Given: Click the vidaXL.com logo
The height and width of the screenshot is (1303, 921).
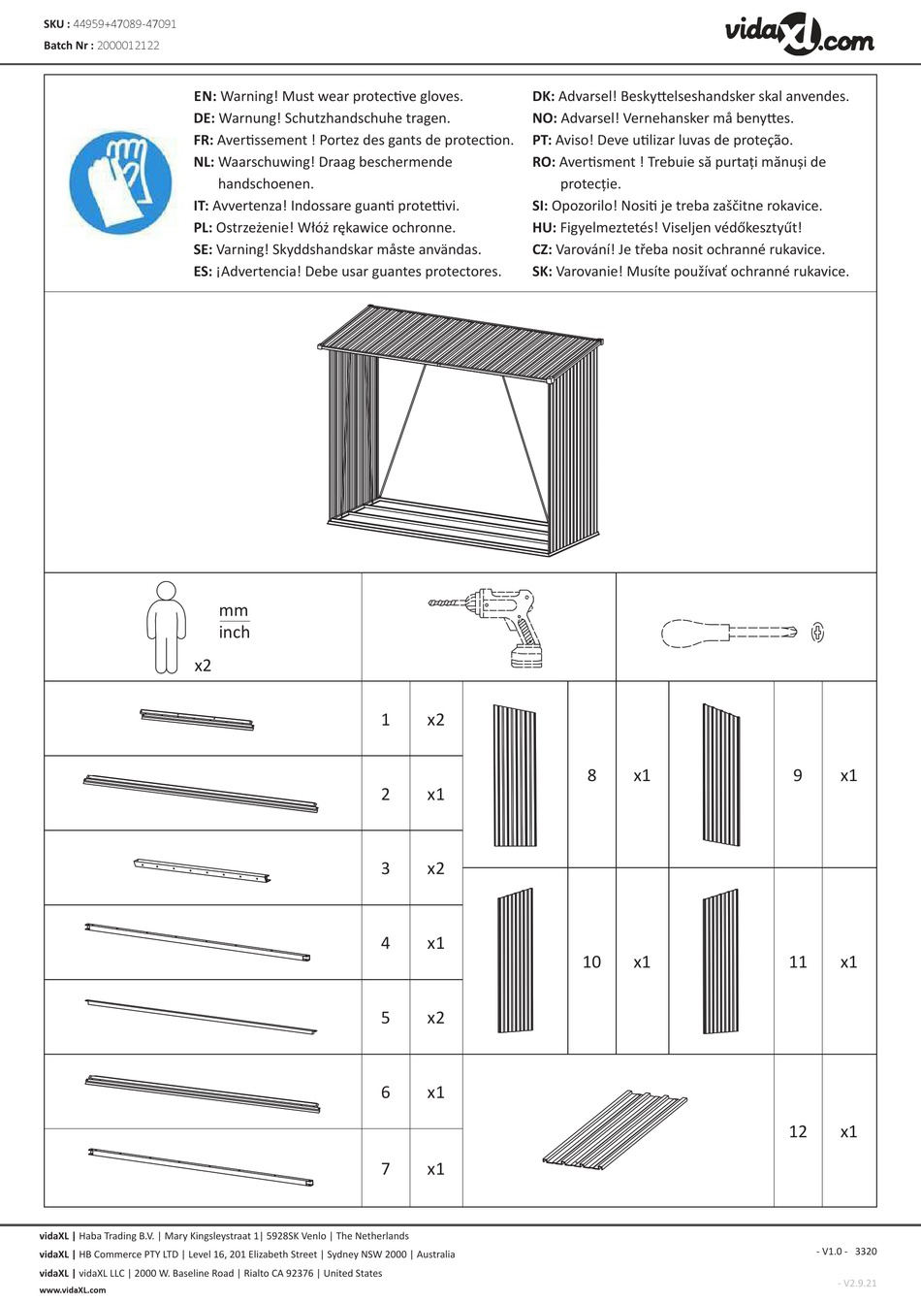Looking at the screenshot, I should [799, 35].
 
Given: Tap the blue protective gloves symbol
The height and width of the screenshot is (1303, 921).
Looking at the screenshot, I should [120, 182].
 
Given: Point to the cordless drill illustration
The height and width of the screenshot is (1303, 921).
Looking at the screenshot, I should [491, 625].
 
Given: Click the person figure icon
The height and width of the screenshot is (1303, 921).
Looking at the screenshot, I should [166, 627].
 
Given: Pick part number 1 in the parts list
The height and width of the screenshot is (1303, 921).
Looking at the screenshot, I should [385, 719].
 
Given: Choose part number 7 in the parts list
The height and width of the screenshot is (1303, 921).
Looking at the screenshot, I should [385, 1169].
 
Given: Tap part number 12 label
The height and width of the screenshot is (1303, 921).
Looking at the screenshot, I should [798, 1131].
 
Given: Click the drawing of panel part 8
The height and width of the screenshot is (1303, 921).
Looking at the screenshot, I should [515, 776].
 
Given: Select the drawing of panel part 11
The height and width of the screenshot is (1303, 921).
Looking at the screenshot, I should [720, 962].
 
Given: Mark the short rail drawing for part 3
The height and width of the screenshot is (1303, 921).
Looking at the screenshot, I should [202, 869].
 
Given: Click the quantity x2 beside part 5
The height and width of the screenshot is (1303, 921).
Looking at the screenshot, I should [435, 1018].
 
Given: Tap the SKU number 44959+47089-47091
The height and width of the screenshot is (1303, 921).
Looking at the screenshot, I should [124, 24].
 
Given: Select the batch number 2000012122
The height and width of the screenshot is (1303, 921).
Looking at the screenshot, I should [129, 46].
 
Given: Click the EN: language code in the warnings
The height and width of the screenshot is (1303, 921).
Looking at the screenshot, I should [205, 96].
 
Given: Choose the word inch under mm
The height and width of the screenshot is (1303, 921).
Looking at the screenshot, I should [235, 632].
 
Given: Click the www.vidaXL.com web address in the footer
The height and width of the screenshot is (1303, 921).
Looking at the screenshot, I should [73, 1290].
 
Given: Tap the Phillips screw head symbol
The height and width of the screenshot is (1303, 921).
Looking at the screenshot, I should [817, 633].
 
